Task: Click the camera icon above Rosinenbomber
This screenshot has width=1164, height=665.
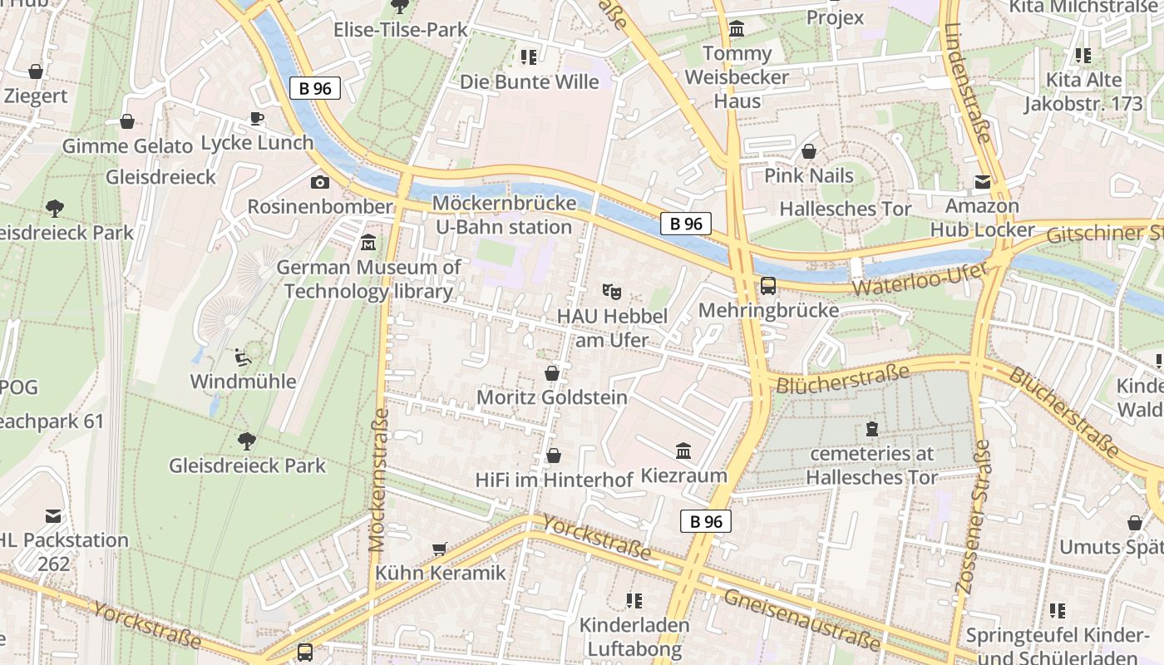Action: tap(319, 182)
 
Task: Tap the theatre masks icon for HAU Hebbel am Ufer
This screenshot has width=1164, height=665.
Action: tap(611, 292)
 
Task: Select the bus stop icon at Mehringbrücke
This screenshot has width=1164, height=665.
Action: tap(768, 286)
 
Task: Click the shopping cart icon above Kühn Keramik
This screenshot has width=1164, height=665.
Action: tap(439, 549)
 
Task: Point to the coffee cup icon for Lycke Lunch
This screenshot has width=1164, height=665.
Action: tap(257, 118)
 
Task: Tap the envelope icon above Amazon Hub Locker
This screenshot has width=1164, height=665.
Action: tap(983, 182)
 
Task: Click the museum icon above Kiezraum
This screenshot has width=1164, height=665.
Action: tap(683, 451)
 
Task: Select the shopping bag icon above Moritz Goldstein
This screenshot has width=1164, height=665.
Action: tap(551, 373)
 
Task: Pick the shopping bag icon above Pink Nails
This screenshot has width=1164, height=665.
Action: tap(808, 151)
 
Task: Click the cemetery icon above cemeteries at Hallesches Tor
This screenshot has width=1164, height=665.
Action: tap(871, 429)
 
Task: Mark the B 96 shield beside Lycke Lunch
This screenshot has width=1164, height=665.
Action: tap(315, 88)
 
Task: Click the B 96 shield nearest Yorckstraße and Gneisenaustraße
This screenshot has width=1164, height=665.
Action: tap(706, 521)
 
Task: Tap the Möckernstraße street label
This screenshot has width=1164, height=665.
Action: tap(378, 480)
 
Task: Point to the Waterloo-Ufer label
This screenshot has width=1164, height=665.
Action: tap(921, 280)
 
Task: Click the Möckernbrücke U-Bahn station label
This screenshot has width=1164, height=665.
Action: tap(503, 215)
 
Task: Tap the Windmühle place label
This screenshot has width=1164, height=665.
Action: tap(243, 382)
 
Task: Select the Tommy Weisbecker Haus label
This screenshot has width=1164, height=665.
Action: tap(737, 77)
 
